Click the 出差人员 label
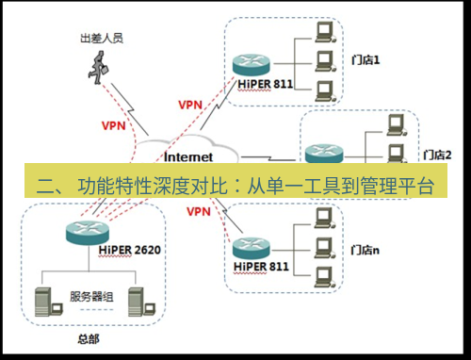102,39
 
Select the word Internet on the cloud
188,156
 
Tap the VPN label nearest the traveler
113,123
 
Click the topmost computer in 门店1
324,34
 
